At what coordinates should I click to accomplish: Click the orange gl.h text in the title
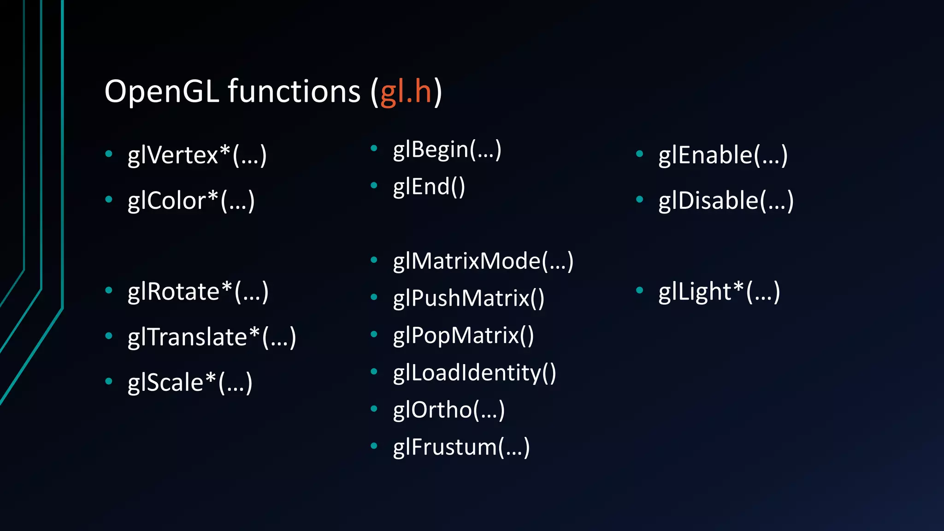(406, 91)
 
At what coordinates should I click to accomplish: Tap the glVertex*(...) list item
(197, 155)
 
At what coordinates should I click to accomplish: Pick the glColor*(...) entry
(191, 201)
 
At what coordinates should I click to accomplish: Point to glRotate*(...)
(198, 291)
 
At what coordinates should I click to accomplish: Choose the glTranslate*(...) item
(212, 337)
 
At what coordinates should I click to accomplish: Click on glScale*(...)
(190, 382)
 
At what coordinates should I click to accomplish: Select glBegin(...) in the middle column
(447, 150)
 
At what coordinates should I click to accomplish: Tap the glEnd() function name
(429, 187)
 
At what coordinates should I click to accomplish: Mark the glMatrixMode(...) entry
(483, 261)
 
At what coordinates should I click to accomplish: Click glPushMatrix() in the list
(468, 298)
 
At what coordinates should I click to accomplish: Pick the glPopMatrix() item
(463, 335)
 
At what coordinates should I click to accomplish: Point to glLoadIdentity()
(474, 372)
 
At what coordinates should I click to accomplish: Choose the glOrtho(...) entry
(448, 410)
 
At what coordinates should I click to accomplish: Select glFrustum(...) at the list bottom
(461, 447)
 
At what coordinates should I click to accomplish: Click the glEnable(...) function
(723, 155)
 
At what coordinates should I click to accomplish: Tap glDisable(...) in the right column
(726, 201)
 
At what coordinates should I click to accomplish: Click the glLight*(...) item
(719, 291)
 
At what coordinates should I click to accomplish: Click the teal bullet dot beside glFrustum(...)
(374, 446)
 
